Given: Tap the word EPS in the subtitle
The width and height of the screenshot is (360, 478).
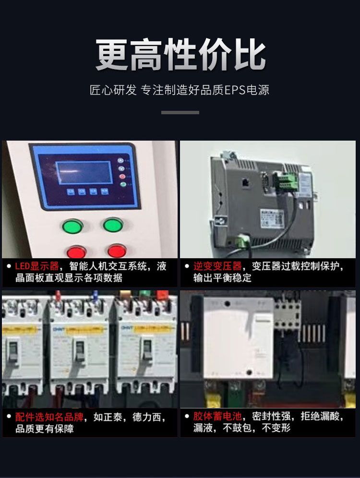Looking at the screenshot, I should click(235, 90).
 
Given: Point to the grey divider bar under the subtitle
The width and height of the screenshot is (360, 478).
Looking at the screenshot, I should click(180, 112).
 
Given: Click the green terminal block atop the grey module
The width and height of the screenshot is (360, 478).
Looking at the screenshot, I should click(283, 181).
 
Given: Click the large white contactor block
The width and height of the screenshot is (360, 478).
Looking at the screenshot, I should click(239, 336).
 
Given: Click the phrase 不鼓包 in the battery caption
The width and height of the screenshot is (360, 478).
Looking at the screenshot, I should click(239, 428).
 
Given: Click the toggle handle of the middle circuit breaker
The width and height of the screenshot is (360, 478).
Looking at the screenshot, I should click(80, 351).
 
